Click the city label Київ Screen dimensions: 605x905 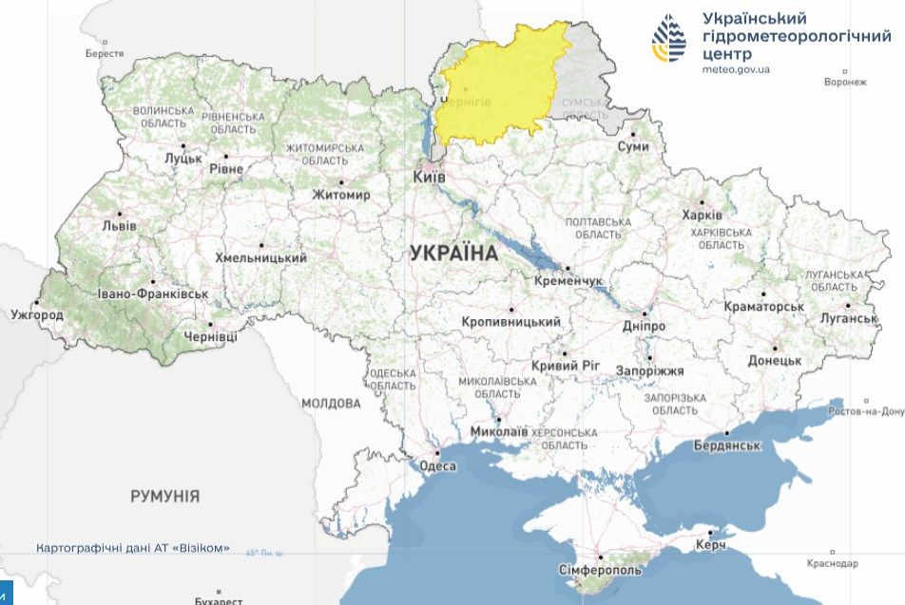tap(429, 177)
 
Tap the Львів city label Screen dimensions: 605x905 tap(119, 226)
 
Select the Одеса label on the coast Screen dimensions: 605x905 tap(438, 465)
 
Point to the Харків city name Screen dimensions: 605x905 tap(702, 216)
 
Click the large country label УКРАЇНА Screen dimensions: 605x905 tap(453, 254)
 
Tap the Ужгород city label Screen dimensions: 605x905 tap(37, 314)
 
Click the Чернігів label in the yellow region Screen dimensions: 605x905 tap(469, 102)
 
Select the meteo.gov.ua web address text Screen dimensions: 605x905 tap(736, 69)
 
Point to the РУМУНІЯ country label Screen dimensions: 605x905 tap(164, 496)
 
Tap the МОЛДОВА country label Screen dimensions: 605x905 tap(331, 404)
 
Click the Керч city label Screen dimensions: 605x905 tap(710, 544)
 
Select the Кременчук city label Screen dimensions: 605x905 tap(568, 282)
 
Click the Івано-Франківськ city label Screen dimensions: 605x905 tap(152, 293)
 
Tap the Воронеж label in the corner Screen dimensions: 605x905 tap(846, 82)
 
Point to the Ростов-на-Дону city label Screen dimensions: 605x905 tap(866, 411)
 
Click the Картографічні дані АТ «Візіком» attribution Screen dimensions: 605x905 tap(133, 548)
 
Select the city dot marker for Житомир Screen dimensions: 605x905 tap(341, 182)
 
